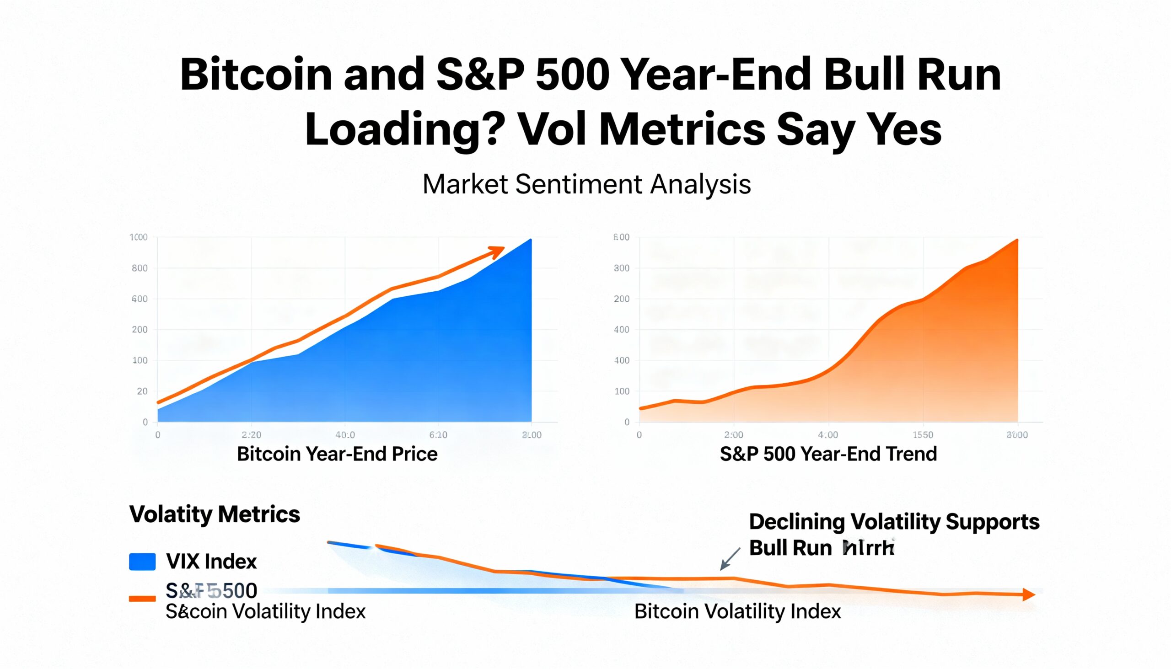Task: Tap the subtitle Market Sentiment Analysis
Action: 586,184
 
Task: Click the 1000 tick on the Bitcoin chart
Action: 138,237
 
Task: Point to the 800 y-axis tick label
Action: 140,268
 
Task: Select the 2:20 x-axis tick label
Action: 252,435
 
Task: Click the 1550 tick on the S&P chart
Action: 923,435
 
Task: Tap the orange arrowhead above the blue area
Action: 498,252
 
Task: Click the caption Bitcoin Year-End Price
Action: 337,454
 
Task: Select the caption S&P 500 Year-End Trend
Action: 828,454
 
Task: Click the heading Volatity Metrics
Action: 215,514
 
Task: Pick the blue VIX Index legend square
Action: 142,562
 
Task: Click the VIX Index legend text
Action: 211,562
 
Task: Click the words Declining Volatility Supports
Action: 894,522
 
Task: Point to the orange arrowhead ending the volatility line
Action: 1029,594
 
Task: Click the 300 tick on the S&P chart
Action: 621,268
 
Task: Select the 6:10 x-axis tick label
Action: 438,435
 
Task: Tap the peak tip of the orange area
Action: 1017,241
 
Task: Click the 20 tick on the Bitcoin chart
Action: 142,391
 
